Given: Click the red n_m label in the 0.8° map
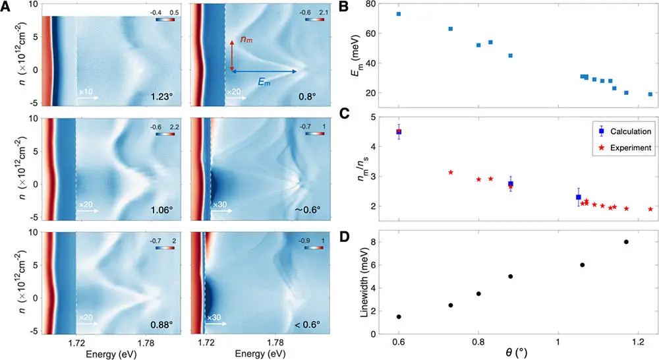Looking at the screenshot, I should click(246, 41).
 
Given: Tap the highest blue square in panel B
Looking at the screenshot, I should click(399, 14).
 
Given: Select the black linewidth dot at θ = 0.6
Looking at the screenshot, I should click(399, 316).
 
